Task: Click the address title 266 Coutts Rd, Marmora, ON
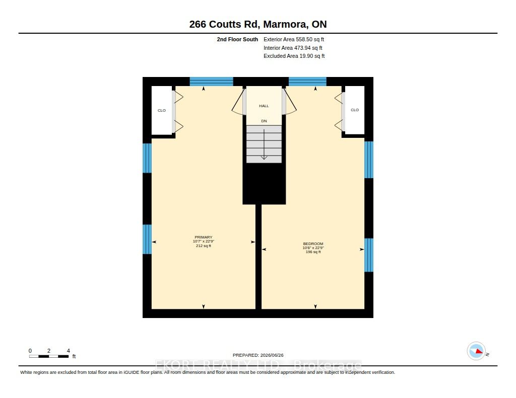pos(257,24)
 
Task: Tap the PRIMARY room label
pos(204,237)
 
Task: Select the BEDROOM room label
pos(313,244)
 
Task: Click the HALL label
pos(264,106)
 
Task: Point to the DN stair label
pos(264,121)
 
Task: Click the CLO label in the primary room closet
pos(162,110)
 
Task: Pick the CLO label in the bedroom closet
pos(355,110)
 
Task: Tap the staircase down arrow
pos(264,144)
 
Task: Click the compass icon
pos(476,351)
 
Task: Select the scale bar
pos(49,356)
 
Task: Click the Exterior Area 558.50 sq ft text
pos(294,39)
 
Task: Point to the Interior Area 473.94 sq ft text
pos(293,48)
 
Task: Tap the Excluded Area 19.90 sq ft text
pos(294,56)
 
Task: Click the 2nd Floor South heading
pos(237,39)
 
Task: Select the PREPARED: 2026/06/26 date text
pos(258,355)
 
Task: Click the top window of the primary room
pos(211,82)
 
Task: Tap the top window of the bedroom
pos(307,82)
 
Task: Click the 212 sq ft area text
pos(204,246)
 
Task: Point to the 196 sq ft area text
pos(313,252)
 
